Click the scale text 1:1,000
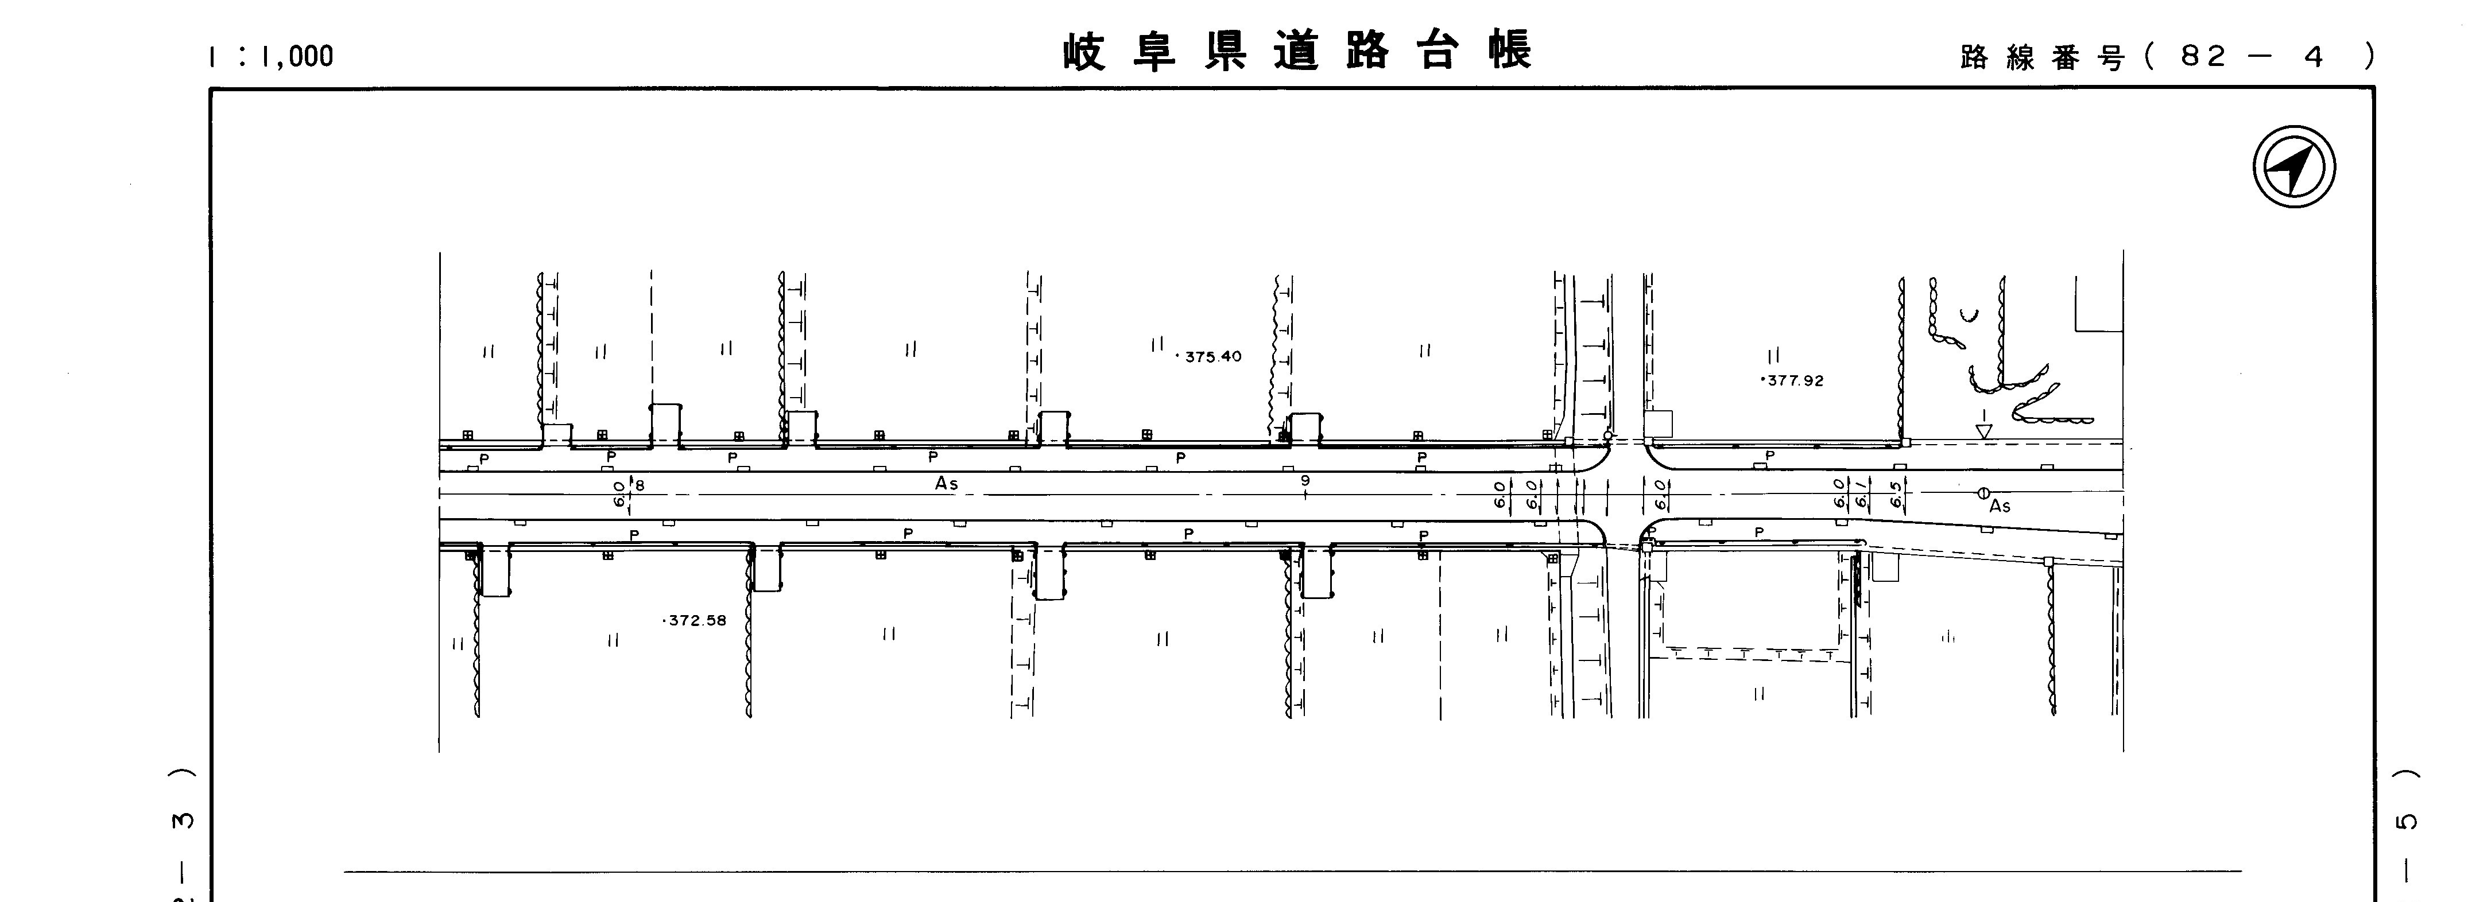pos(270,56)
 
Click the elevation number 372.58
pos(696,620)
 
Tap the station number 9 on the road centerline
pos(1305,481)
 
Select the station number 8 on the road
pos(640,485)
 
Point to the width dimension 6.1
pos(1861,494)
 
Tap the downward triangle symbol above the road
pos(1984,431)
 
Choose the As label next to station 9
pos(947,484)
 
